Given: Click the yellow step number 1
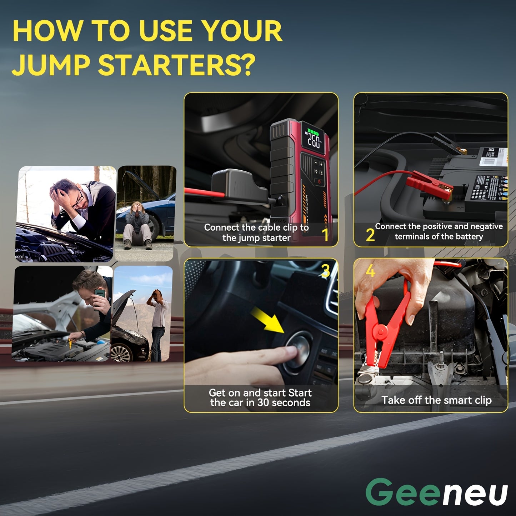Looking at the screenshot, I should [x=325, y=235].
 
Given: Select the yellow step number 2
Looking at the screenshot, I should [x=370, y=235].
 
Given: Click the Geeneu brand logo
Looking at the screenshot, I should [x=436, y=492].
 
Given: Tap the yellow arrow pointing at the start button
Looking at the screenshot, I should [x=266, y=319].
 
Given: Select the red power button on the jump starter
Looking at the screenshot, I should [x=319, y=181].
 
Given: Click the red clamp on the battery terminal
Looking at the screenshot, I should [x=429, y=184].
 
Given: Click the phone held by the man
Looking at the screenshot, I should [x=100, y=294].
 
